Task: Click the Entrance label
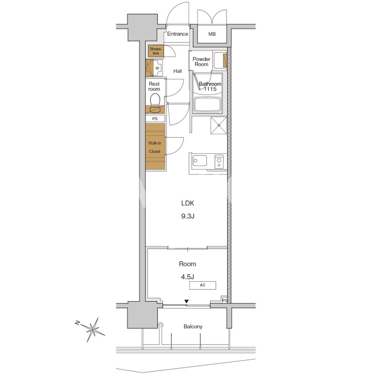(x=177, y=34)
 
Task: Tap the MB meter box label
(x=212, y=34)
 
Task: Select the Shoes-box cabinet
(x=156, y=51)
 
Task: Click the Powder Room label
(x=201, y=62)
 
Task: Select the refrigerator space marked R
(x=219, y=125)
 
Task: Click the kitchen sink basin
(x=200, y=161)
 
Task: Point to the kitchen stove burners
(x=219, y=161)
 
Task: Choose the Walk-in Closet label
(x=155, y=147)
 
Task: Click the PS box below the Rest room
(x=155, y=119)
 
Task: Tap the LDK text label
(x=187, y=203)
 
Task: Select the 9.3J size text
(x=187, y=216)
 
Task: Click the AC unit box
(x=203, y=285)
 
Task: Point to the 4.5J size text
(x=187, y=277)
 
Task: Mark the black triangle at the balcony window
(x=186, y=302)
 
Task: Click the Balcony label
(x=193, y=326)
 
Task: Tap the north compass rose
(x=92, y=329)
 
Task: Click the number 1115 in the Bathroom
(x=210, y=89)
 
